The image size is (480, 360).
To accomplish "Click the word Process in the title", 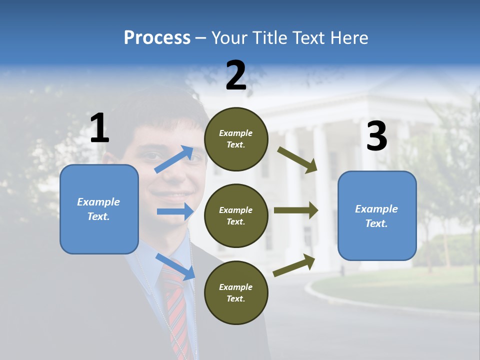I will pos(157,38).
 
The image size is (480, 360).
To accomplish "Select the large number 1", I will pos(99,128).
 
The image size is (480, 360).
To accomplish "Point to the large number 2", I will pos(236,75).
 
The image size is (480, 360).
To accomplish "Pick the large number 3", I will pos(376,136).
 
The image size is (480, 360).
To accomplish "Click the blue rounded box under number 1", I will pos(99,209).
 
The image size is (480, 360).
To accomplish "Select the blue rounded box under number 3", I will pos(377,216).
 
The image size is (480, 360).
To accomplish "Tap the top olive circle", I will pos(236,138).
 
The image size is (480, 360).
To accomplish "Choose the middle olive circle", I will pos(236,215).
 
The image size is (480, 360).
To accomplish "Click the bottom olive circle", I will pos(236,292).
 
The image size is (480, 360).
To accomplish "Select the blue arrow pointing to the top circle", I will pos(174,159).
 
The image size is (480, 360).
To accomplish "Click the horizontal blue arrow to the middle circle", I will pos(175,211).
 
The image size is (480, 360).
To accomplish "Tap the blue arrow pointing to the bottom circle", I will pos(175,266).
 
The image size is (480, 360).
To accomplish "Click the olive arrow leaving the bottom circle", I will pos(294,265).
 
